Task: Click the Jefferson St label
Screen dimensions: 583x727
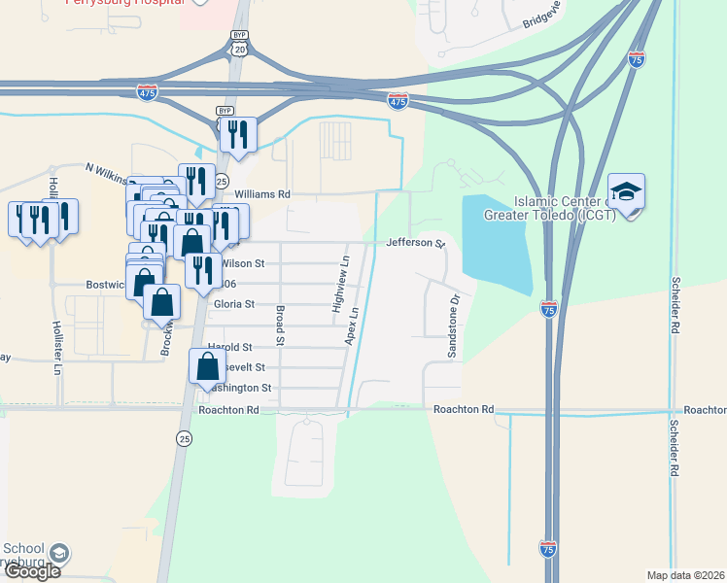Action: (414, 243)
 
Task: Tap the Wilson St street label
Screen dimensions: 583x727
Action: (242, 263)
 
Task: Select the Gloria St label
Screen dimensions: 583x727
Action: (232, 304)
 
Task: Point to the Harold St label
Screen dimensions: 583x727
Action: (230, 347)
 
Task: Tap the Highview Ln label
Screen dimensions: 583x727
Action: (338, 284)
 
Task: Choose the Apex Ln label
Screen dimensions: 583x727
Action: (354, 326)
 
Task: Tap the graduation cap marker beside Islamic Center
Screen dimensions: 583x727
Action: (627, 191)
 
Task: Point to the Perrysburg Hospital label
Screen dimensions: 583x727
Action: (123, 2)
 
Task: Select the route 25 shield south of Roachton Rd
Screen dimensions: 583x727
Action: (185, 439)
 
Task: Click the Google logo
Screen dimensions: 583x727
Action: (31, 571)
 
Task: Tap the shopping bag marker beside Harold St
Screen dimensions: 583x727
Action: (207, 368)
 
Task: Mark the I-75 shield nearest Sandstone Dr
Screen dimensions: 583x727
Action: (549, 309)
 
